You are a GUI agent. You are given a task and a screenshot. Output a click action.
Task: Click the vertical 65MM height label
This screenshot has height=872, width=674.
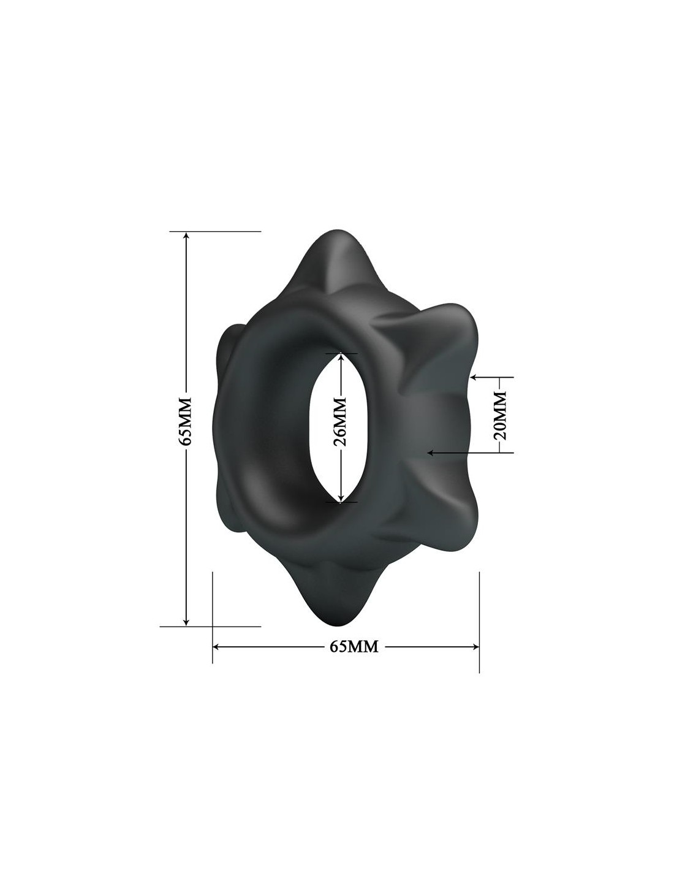pyautogui.click(x=185, y=421)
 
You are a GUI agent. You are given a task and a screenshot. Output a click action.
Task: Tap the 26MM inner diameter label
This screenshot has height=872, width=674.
pyautogui.click(x=339, y=422)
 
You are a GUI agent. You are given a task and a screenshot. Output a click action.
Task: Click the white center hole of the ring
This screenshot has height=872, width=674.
pyautogui.click(x=339, y=427)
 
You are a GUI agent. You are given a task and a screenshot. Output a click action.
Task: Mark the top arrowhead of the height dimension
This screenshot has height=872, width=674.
pyautogui.click(x=185, y=237)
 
